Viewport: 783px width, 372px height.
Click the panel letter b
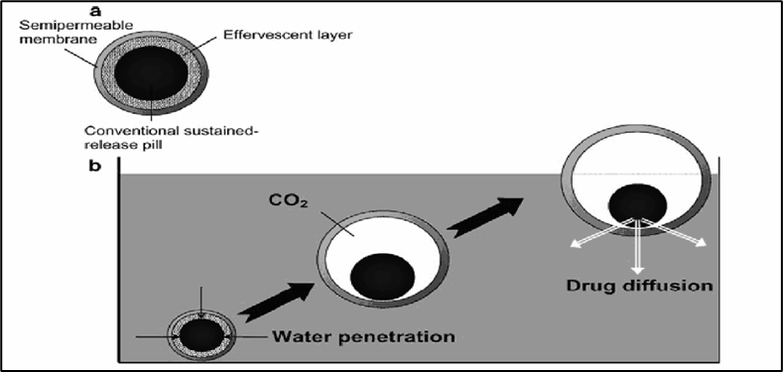tap(94, 166)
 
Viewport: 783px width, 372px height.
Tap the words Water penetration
tap(363, 335)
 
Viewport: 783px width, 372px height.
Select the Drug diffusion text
tap(638, 287)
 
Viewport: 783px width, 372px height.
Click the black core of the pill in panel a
tap(151, 73)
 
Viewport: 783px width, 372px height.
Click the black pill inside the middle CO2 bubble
tap(382, 276)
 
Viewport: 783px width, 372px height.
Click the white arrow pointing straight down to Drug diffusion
tap(637, 246)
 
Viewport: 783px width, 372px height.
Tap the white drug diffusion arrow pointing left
tap(602, 232)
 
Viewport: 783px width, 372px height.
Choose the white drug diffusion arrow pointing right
tap(673, 232)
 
